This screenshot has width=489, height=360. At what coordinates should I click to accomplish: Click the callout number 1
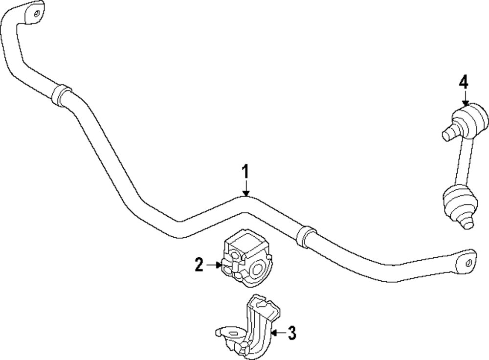246,173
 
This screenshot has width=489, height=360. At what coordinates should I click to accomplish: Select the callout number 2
199,265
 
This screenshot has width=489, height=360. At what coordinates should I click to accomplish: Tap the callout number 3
291,334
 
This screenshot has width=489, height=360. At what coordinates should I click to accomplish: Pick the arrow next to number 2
214,265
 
